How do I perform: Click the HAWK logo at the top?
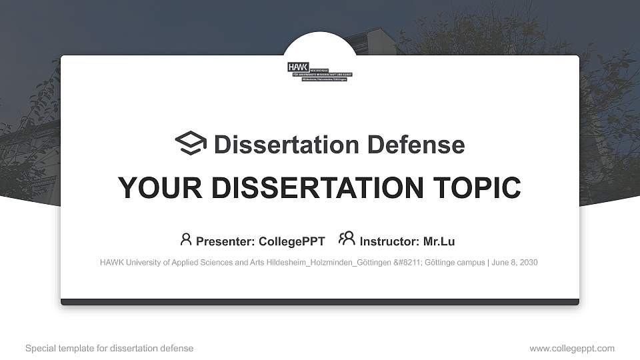click(x=320, y=71)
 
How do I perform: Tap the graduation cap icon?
click(x=191, y=143)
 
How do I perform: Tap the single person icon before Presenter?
click(x=185, y=239)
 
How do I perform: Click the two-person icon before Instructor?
click(x=347, y=239)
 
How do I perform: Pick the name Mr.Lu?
click(x=439, y=241)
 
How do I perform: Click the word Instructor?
click(x=389, y=241)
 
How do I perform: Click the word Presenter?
click(x=225, y=241)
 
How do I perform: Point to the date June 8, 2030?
click(x=515, y=263)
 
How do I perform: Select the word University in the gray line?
click(x=143, y=263)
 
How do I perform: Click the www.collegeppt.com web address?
click(x=572, y=349)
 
